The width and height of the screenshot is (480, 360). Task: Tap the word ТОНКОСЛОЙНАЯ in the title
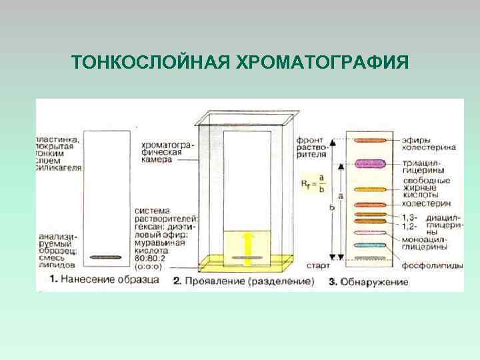point(151,63)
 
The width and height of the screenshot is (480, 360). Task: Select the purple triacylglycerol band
point(371,163)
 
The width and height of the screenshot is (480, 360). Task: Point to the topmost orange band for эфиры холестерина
point(371,141)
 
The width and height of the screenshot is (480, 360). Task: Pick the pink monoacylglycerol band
point(371,233)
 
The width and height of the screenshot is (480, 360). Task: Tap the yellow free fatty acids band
point(371,189)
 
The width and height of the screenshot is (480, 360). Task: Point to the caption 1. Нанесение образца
point(105,280)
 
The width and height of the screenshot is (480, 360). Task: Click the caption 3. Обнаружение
point(368,282)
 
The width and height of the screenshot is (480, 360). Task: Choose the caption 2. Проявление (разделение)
point(243,281)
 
